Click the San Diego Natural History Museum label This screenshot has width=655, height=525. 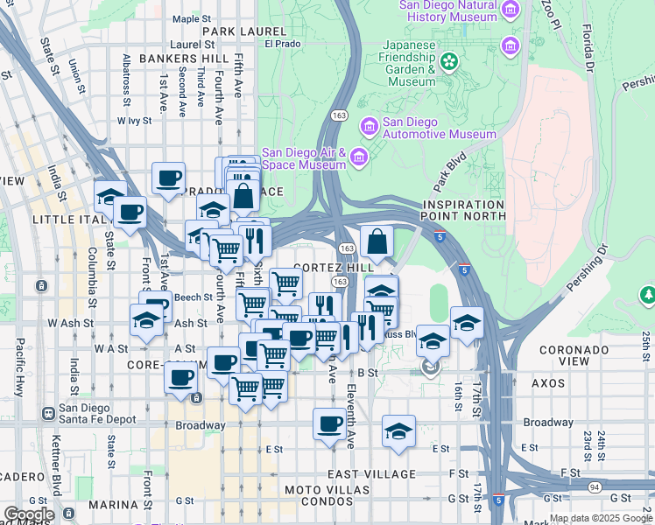click(447, 10)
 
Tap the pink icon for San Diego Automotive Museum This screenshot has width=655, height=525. click(369, 128)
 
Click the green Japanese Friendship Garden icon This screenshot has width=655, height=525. click(449, 61)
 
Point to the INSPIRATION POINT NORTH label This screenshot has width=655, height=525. click(463, 209)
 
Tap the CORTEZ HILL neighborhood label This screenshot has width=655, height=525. click(335, 267)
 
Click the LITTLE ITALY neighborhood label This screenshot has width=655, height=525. click(63, 219)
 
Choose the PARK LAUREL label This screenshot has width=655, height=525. click(232, 31)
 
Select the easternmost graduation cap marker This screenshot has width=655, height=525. click(467, 324)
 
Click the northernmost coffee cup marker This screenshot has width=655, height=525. click(168, 178)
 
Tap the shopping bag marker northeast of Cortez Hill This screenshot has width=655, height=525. click(377, 241)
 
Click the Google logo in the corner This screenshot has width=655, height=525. click(28, 514)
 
